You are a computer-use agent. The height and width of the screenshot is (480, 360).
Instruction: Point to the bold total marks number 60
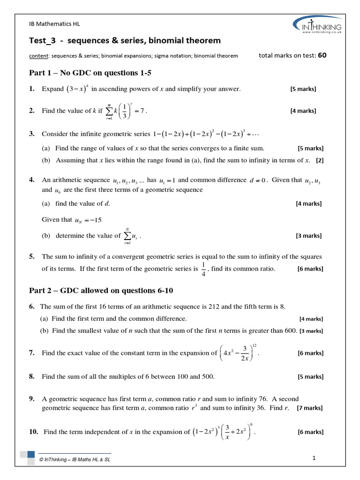coord(322,55)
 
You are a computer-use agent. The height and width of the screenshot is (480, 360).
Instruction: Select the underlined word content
coord(39,56)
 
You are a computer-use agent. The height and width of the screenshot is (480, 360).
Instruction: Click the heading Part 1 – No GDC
coord(90,73)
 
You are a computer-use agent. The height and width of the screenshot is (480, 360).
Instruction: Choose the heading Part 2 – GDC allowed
coord(101,291)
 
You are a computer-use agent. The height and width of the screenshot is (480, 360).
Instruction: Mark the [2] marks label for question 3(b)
coord(319,160)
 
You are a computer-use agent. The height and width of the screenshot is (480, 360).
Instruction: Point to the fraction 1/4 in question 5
coord(203,269)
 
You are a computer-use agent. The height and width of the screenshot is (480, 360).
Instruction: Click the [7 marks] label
coord(310,408)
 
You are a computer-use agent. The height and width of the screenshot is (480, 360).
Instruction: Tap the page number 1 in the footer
coord(314,458)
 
